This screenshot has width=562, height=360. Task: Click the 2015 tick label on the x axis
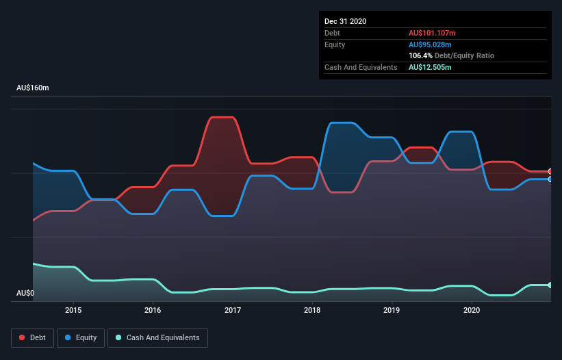tap(73, 310)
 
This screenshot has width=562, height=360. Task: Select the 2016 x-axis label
tap(153, 310)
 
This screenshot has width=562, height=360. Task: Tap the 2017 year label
tap(233, 310)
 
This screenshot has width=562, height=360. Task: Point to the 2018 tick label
tap(312, 310)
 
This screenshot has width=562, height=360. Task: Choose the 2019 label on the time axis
tap(392, 310)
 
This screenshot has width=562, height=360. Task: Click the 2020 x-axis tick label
tap(472, 310)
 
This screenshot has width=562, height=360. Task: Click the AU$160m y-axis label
tap(33, 88)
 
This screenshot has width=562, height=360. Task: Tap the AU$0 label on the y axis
tap(26, 293)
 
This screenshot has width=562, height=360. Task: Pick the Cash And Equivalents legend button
tap(157, 337)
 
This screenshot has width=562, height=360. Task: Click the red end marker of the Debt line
tap(550, 171)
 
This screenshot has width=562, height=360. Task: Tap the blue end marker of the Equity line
tap(550, 179)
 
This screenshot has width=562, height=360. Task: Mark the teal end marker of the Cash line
tap(550, 285)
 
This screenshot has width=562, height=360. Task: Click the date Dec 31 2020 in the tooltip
tap(346, 21)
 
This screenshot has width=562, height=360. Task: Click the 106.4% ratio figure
tap(420, 55)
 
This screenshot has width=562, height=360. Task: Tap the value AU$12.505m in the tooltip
tap(430, 67)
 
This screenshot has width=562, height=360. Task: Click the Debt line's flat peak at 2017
tap(223, 117)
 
